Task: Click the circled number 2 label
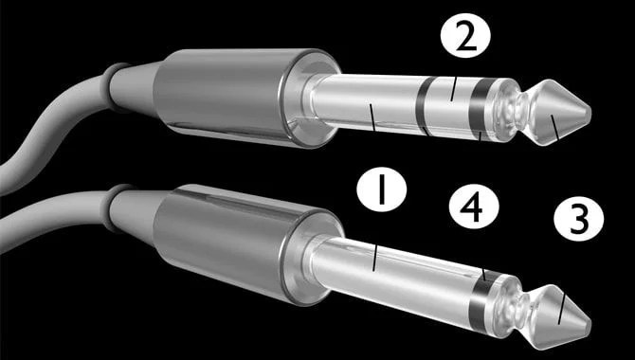[x=465, y=36]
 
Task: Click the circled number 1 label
[x=382, y=189]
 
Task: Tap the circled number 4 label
[x=474, y=207]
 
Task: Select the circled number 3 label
[x=579, y=219]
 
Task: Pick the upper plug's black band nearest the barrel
[x=423, y=106]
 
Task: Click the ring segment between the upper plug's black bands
[x=449, y=108]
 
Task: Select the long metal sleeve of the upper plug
[x=365, y=103]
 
